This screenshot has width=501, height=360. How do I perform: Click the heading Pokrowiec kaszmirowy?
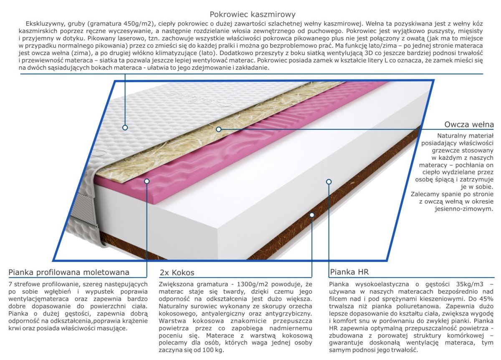coord(253,15)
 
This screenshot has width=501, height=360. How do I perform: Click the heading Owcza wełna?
coord(469,124)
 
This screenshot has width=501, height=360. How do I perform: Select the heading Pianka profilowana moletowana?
coord(69,272)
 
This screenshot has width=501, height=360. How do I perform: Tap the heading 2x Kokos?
coord(177,272)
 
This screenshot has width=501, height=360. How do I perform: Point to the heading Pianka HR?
coord(349,272)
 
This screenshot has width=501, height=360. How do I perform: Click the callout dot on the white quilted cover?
coord(125,128)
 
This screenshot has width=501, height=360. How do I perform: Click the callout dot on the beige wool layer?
coord(219,129)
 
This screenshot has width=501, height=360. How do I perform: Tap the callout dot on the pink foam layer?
coord(147,181)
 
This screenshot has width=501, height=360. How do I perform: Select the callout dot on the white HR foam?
coord(329,182)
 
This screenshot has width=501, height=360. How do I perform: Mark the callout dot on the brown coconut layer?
coord(312,215)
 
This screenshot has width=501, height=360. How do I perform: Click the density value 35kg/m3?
coord(470,284)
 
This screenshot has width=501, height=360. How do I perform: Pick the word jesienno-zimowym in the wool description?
coord(464,209)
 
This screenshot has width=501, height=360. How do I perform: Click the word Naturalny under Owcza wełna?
coord(450,136)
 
